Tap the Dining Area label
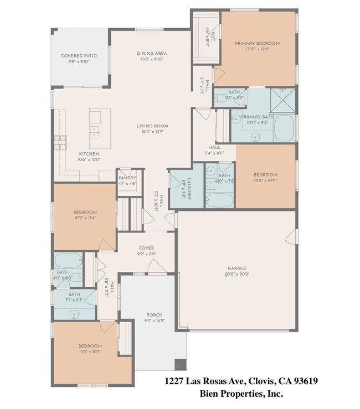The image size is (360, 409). click(x=152, y=54)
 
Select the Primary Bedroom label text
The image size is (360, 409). click(x=257, y=43)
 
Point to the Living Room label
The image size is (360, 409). click(x=153, y=126)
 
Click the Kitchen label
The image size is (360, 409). click(x=89, y=154)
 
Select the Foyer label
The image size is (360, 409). click(x=147, y=248)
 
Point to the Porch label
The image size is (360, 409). click(x=154, y=315)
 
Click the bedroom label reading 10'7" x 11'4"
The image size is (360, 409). click(x=85, y=213)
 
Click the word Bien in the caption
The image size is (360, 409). click(x=209, y=394)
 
